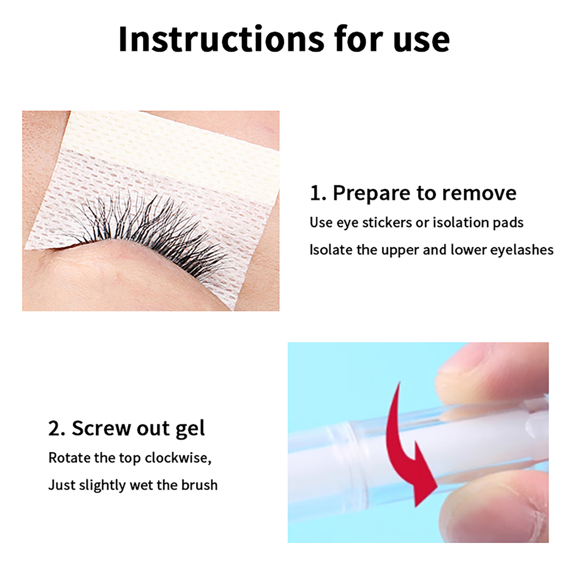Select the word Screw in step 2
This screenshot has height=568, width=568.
pyautogui.click(x=101, y=428)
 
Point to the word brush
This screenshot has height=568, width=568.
pyautogui.click(x=199, y=485)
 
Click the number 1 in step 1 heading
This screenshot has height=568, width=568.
pyautogui.click(x=315, y=194)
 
